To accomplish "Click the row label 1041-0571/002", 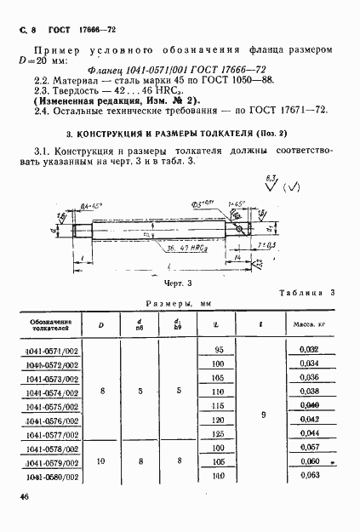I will [54, 351].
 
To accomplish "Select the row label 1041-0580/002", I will [54, 476].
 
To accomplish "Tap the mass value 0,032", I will [309, 350].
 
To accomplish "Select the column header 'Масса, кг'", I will [309, 324].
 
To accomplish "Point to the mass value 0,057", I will [309, 448].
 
